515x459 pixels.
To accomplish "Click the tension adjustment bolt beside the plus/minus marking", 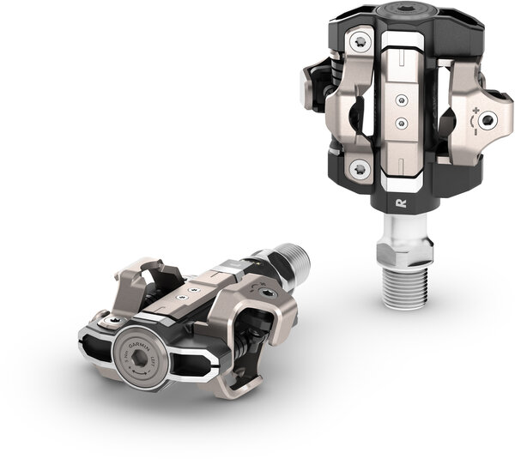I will tap(490, 120).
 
